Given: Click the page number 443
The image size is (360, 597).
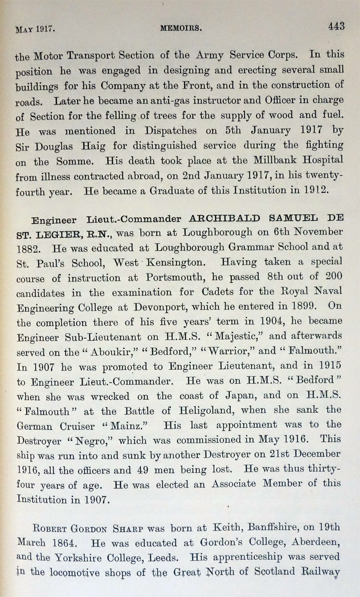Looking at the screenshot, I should click(x=336, y=27).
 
